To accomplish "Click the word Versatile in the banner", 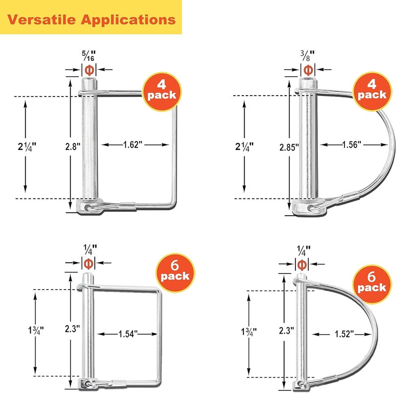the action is point(42,19).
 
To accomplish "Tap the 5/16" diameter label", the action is point(89,55).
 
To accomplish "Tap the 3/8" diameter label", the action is point(307,55).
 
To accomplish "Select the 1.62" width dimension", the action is point(133,145).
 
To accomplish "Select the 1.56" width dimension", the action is point(352,145).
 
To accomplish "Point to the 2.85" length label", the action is point(289,147).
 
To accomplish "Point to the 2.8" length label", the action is point(73,147).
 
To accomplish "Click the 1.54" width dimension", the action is point(128,334).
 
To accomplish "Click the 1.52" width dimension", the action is point(344,334).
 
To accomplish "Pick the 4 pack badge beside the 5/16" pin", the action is point(162,92).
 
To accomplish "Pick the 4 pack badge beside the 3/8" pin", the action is point(372,92).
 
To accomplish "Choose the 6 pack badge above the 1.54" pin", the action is point(175,273).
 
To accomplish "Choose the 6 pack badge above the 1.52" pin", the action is point(372,284).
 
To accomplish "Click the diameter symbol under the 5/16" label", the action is point(90,70).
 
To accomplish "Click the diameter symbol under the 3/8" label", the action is point(308,70).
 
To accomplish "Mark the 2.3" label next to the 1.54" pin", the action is point(72,329).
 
